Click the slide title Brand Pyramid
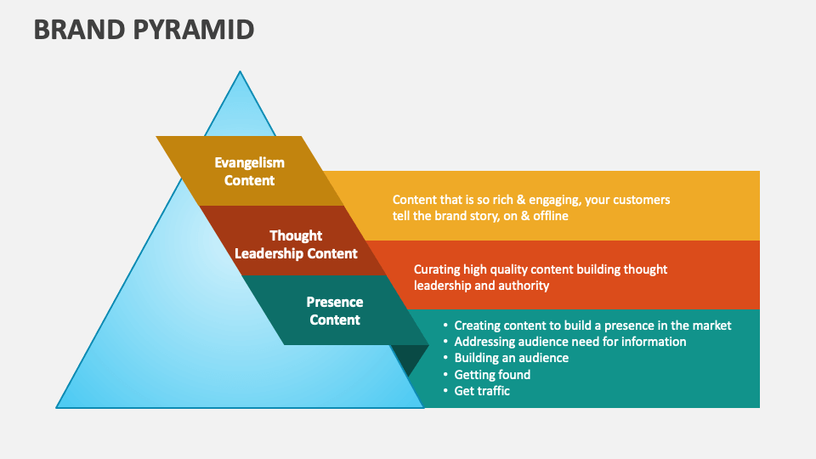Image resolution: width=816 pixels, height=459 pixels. (144, 29)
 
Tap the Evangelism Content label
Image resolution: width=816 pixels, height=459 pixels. (249, 171)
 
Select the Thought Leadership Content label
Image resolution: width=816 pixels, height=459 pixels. (296, 244)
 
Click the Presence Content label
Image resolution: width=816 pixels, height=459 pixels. (335, 310)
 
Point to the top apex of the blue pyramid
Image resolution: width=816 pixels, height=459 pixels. (240, 72)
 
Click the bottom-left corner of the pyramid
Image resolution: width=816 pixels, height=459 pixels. (58, 407)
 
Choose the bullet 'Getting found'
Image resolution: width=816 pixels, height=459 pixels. (492, 374)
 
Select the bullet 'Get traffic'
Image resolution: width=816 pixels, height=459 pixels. (482, 391)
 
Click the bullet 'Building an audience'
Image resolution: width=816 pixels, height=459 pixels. (511, 358)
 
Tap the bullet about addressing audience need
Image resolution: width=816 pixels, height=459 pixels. (569, 341)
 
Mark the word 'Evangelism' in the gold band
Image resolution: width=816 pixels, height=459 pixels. (249, 162)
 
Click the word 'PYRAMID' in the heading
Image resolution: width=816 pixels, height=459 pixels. (195, 29)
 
